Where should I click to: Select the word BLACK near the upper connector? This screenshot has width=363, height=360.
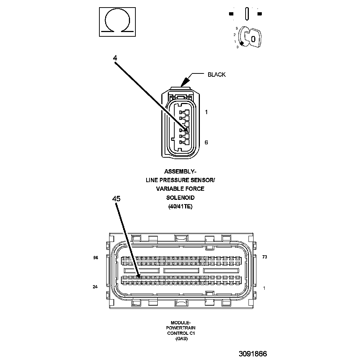click(x=216, y=75)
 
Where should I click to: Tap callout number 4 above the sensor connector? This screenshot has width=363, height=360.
click(x=115, y=58)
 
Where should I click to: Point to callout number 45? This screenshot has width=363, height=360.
click(x=116, y=198)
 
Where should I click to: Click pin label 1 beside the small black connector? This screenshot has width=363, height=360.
click(x=206, y=112)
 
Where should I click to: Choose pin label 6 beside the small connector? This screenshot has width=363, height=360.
click(x=206, y=143)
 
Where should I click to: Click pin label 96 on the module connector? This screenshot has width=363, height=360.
click(x=95, y=258)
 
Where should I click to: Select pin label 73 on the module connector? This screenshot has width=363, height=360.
click(x=265, y=257)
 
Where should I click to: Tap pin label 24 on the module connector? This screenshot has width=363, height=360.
click(x=95, y=287)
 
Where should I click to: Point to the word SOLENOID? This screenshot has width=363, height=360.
click(x=180, y=198)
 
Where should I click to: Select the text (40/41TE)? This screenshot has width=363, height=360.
click(x=180, y=207)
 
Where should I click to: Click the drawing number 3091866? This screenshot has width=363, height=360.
click(x=252, y=354)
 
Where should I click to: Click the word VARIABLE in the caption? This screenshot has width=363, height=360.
click(x=170, y=189)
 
